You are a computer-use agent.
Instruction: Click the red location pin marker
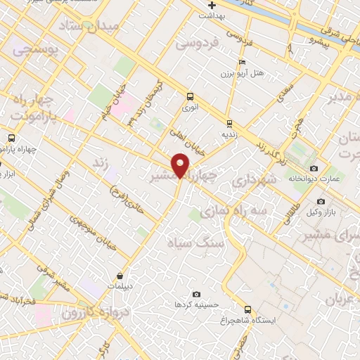click(181, 165)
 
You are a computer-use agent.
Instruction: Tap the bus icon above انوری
click(190, 96)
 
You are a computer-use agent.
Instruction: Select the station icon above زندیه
click(230, 124)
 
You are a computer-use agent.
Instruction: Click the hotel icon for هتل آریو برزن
click(243, 63)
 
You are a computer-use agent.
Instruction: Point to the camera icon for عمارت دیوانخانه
click(314, 168)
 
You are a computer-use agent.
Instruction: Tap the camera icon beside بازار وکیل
click(321, 202)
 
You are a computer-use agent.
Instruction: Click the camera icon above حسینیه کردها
click(196, 294)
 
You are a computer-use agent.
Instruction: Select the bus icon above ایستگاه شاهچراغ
click(247, 309)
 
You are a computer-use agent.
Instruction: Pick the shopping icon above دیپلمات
click(121, 276)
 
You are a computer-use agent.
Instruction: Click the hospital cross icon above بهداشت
click(212, 4)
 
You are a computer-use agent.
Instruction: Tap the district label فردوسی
click(198, 44)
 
